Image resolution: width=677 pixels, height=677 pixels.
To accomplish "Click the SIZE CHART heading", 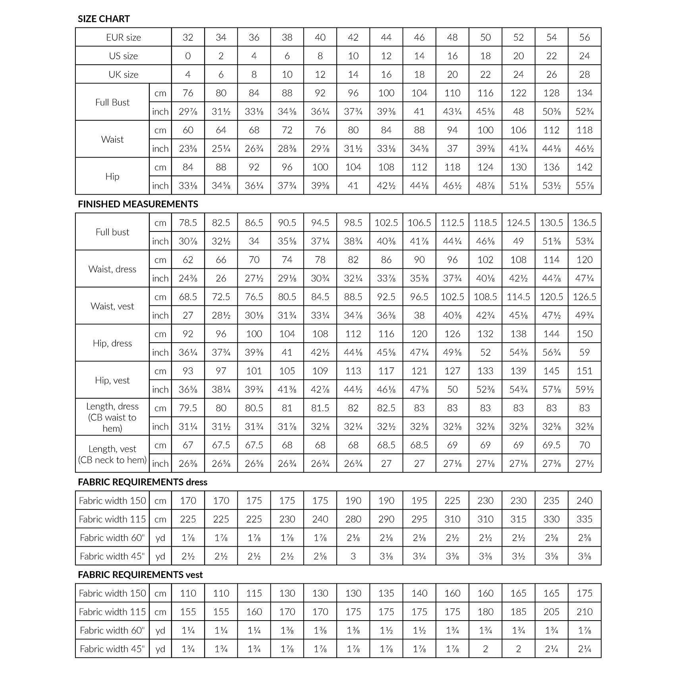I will tap(104, 19).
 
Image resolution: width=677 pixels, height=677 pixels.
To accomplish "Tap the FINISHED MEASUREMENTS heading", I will tap(138, 204).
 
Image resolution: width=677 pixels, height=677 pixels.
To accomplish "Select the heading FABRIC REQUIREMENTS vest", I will tap(140, 575).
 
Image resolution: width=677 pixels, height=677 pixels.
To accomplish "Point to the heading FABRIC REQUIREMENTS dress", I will tap(143, 482).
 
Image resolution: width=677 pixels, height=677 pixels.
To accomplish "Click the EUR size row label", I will tap(123, 37).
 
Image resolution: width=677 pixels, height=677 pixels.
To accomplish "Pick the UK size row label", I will tap(123, 74).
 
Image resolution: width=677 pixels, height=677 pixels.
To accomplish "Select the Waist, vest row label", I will tap(112, 306).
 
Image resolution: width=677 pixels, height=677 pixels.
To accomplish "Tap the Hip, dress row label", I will tap(112, 343).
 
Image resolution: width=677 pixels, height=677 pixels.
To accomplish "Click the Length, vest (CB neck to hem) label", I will tap(112, 454).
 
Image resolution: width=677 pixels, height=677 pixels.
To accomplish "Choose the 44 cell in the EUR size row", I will tap(386, 37).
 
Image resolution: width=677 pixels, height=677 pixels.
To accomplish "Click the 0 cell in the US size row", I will tap(188, 56).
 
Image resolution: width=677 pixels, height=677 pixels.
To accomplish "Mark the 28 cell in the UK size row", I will tap(584, 74).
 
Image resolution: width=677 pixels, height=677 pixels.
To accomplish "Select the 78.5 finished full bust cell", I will tap(188, 223).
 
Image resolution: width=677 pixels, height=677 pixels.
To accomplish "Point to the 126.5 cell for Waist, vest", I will tap(584, 297).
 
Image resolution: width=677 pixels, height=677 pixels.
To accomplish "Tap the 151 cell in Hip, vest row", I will tap(584, 371).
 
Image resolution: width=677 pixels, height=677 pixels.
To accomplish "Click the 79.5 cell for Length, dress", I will tap(188, 408).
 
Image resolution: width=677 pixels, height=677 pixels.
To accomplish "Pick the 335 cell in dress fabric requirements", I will tap(584, 519).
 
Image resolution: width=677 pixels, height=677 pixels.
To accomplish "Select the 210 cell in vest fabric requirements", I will tap(584, 612).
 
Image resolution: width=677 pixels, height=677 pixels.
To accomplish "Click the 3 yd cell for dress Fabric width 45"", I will tap(353, 556).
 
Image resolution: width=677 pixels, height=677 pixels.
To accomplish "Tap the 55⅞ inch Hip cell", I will tap(584, 185).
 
